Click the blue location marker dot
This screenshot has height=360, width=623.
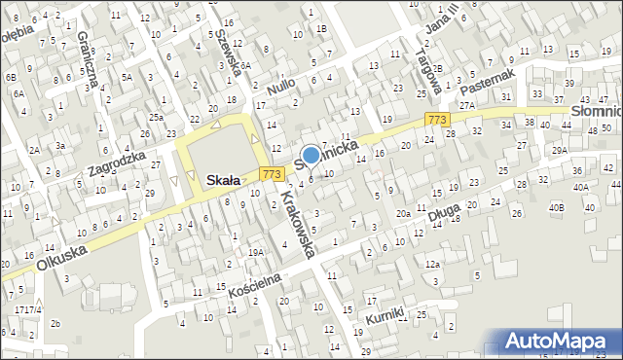pyautogui.click(x=311, y=154)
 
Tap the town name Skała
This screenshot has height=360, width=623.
pyautogui.click(x=225, y=180)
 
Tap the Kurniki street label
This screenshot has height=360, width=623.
pyautogui.click(x=385, y=317)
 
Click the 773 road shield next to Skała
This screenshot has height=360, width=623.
pyautogui.click(x=273, y=173)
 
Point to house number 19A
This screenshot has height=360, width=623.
pyautogui.click(x=256, y=252)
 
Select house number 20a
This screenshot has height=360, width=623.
pyautogui.click(x=402, y=213)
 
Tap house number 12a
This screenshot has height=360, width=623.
pyautogui.click(x=432, y=264)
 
